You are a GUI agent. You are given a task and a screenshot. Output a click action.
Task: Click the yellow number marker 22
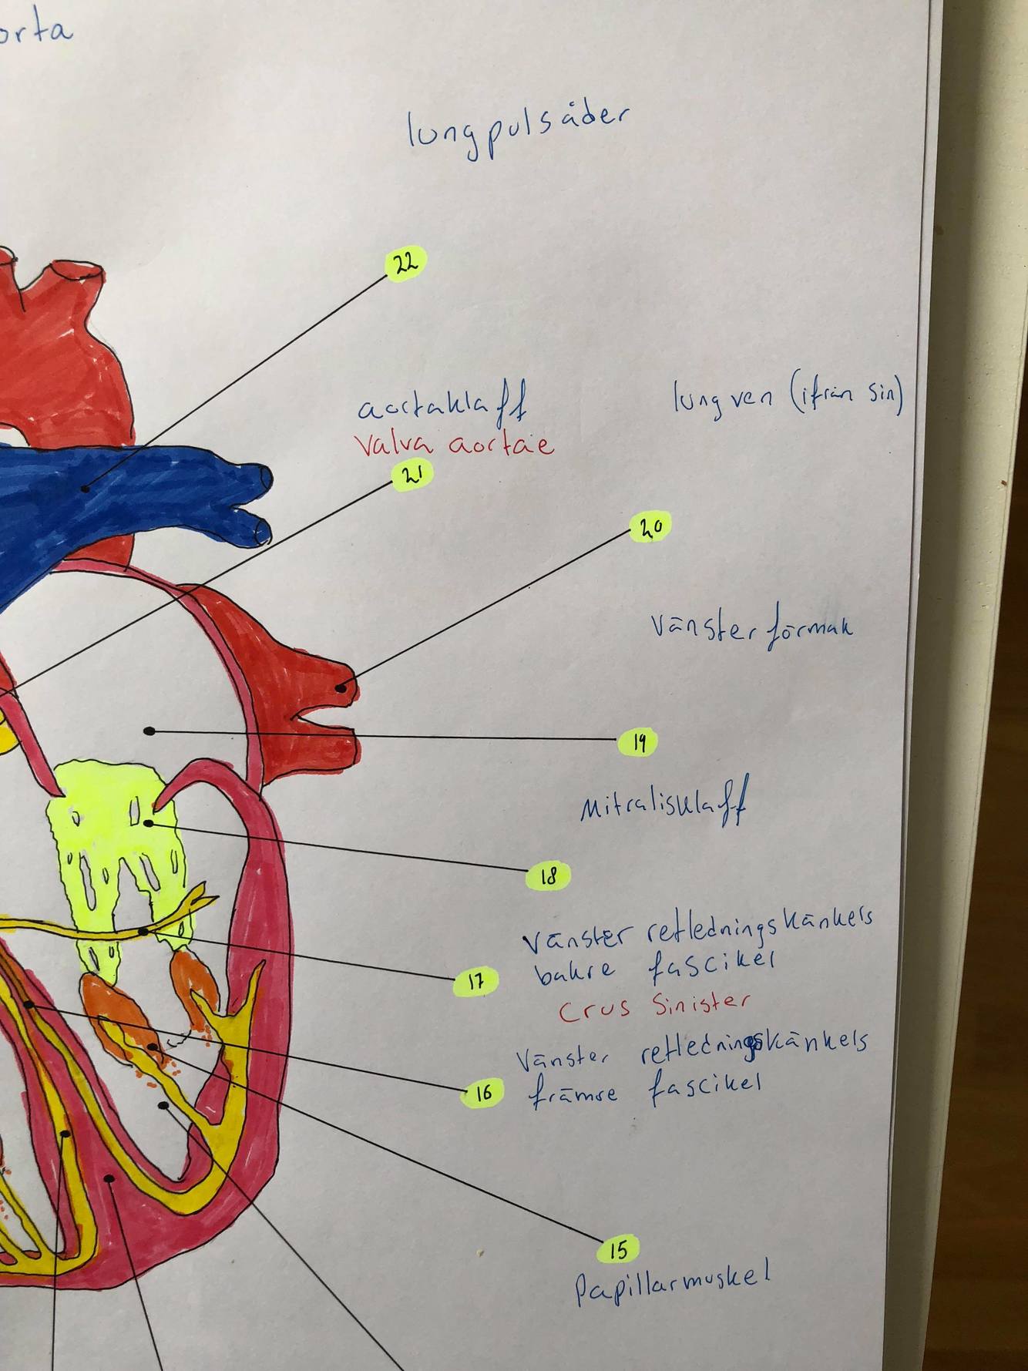(406, 264)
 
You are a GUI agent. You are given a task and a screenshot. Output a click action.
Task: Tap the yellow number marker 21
(412, 475)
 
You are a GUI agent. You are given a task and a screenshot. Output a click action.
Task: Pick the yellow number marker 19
(638, 742)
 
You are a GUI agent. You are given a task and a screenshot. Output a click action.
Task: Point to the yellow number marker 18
(548, 876)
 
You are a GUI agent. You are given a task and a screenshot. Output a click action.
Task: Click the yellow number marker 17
(475, 982)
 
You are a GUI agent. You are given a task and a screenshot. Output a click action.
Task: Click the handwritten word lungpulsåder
(517, 131)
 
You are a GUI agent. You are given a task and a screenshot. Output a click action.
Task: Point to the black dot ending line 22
(85, 488)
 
